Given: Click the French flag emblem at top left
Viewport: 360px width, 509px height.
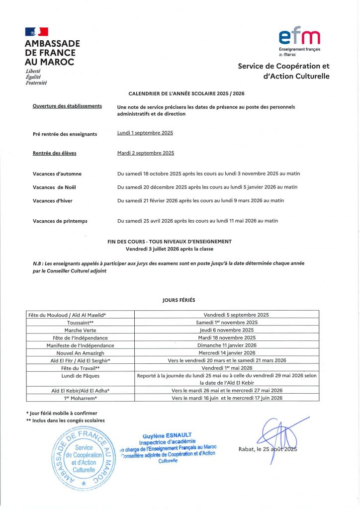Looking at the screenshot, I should point(36,31).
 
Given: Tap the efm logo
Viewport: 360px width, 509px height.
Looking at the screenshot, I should point(299,37).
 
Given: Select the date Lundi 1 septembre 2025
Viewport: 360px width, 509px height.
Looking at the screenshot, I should point(145,133).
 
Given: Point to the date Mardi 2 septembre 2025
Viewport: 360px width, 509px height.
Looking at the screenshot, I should point(146,153).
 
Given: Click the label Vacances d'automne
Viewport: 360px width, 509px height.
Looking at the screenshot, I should point(57,173).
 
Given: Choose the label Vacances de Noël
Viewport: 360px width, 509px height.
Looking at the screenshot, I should point(54,187).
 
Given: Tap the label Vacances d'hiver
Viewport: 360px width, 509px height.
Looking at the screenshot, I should point(53,201).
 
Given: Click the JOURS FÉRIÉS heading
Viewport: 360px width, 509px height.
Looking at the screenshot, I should point(179,300).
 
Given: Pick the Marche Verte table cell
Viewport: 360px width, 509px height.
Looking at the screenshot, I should point(80,330).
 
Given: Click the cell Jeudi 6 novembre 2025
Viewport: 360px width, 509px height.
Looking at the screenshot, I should point(227,330).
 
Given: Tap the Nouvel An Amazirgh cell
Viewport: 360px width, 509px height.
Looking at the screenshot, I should point(80,352).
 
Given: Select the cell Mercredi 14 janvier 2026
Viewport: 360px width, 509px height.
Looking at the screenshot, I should point(227,352).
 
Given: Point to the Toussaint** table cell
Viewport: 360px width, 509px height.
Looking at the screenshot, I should point(80,322).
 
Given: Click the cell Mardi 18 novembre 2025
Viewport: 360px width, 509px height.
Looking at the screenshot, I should point(227,338).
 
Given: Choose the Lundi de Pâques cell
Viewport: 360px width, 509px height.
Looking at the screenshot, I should point(80,376).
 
